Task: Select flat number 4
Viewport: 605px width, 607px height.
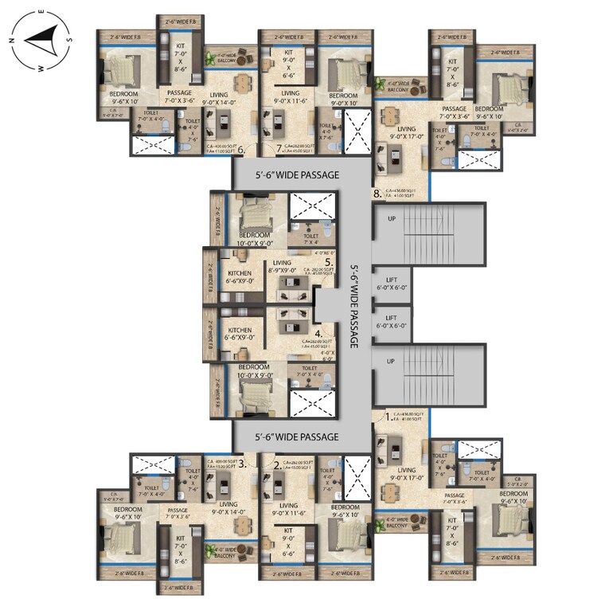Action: [318, 335]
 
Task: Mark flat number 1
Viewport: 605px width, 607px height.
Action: [388, 416]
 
